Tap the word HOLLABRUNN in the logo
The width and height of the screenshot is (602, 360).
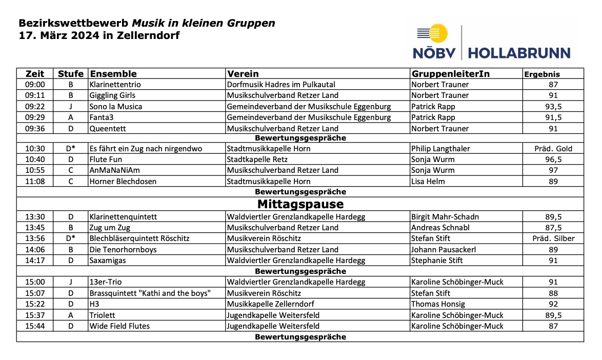(x=519, y=53)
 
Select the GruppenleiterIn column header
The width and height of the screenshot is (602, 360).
(x=450, y=74)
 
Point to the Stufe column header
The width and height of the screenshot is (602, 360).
(x=70, y=74)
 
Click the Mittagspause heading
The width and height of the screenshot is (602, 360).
(x=300, y=205)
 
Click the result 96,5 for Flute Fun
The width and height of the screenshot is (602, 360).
(x=553, y=159)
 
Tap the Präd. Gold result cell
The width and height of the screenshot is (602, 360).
(x=553, y=149)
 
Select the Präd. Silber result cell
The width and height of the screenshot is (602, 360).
(x=553, y=238)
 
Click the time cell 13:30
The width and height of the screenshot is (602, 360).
(x=35, y=217)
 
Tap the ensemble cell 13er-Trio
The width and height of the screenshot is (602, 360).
(x=106, y=282)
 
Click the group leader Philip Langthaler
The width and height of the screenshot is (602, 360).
(x=440, y=149)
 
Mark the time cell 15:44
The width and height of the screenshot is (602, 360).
(x=35, y=326)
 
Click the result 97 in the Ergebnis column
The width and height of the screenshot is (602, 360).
(x=553, y=170)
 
